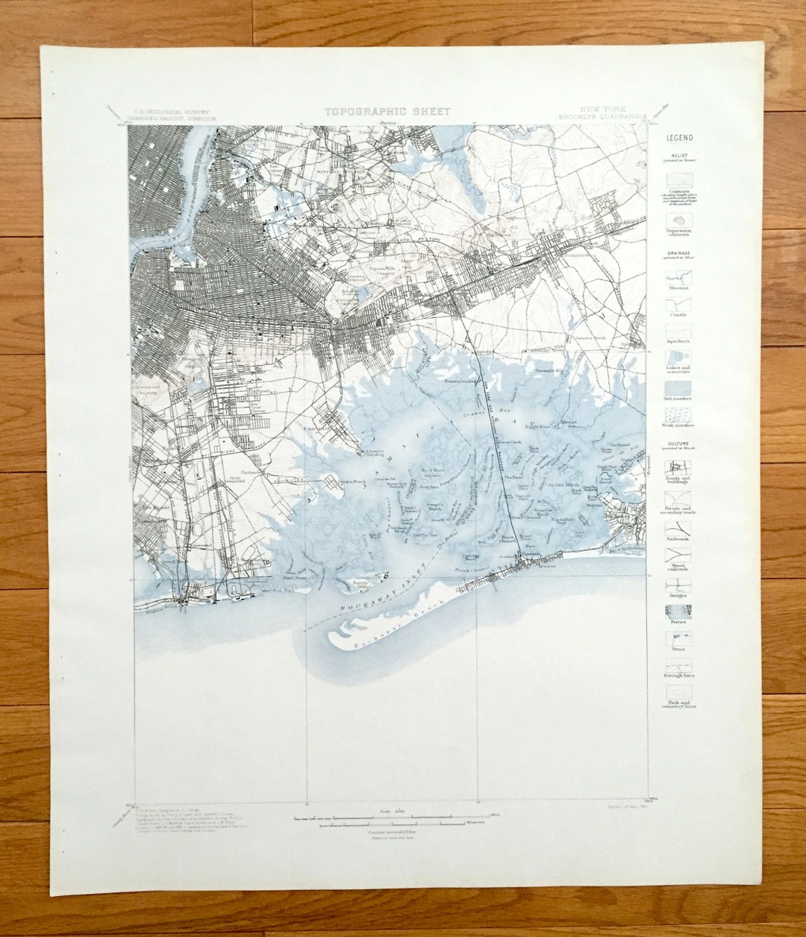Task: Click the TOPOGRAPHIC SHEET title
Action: pyautogui.click(x=387, y=111)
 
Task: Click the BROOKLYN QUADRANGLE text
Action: pyautogui.click(x=603, y=117)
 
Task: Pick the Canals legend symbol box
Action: pyautogui.click(x=678, y=305)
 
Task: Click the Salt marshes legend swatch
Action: pyautogui.click(x=678, y=387)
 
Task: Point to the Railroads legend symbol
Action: pyautogui.click(x=678, y=528)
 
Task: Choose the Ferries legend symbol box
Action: pyautogui.click(x=678, y=611)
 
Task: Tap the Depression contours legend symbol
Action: pyautogui.click(x=678, y=221)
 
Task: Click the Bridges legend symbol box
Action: pyautogui.click(x=678, y=585)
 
